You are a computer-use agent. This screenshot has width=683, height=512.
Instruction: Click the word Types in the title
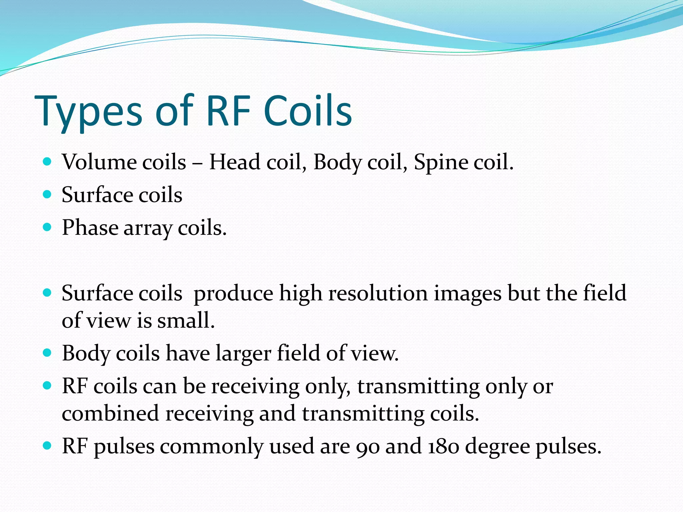click(88, 112)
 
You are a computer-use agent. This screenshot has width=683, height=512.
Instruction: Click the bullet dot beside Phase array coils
click(47, 227)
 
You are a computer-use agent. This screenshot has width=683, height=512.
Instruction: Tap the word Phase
click(90, 228)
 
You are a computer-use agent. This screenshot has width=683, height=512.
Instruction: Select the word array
click(148, 229)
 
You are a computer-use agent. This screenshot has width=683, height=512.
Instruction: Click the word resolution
click(378, 294)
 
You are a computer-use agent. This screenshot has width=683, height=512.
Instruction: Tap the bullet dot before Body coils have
click(47, 353)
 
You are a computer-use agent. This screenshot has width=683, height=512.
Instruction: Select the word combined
click(110, 413)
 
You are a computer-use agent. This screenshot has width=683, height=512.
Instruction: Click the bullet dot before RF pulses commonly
click(47, 445)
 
